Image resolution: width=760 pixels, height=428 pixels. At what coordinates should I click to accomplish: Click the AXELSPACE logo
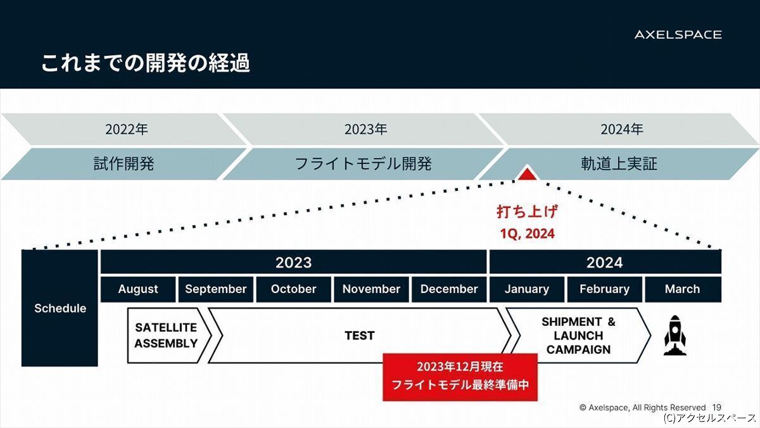(x=678, y=35)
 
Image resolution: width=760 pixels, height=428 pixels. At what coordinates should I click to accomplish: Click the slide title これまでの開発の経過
(x=146, y=63)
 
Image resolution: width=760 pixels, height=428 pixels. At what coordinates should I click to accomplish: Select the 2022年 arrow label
(x=126, y=129)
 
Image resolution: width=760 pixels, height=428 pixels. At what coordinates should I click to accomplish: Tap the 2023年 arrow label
(x=365, y=129)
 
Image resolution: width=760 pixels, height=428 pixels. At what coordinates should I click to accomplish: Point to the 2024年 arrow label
(x=621, y=129)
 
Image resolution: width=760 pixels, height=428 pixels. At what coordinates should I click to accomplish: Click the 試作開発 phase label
(x=124, y=164)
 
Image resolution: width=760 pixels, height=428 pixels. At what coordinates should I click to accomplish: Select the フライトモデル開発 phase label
(x=364, y=164)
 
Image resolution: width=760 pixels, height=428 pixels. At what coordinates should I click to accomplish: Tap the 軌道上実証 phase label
(x=619, y=164)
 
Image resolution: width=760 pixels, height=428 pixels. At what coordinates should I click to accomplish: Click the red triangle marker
(x=527, y=174)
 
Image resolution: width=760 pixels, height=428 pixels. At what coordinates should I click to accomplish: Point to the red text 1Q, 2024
(x=527, y=234)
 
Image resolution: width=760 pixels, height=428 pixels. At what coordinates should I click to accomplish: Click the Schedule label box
(x=60, y=308)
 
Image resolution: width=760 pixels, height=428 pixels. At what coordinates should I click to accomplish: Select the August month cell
(x=138, y=289)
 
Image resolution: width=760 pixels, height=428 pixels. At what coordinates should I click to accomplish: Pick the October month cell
(x=293, y=289)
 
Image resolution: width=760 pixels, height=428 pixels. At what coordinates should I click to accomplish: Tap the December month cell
(x=449, y=289)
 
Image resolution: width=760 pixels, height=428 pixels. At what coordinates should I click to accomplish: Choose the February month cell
(x=605, y=289)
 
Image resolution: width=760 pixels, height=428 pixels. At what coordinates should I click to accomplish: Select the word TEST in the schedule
(x=360, y=335)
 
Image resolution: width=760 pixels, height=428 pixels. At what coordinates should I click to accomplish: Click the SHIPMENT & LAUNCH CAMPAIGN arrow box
(x=578, y=335)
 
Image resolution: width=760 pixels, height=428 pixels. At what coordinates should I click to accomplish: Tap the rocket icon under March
(x=675, y=335)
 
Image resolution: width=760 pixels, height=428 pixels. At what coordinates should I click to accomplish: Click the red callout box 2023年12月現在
(x=460, y=377)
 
